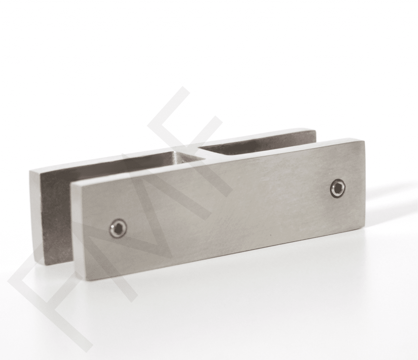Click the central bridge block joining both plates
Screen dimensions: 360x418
180,157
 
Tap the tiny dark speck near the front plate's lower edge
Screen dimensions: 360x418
269,236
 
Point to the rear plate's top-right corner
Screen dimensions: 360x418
315,130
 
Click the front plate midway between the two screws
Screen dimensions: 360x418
228,208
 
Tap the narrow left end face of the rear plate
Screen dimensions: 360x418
36,217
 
